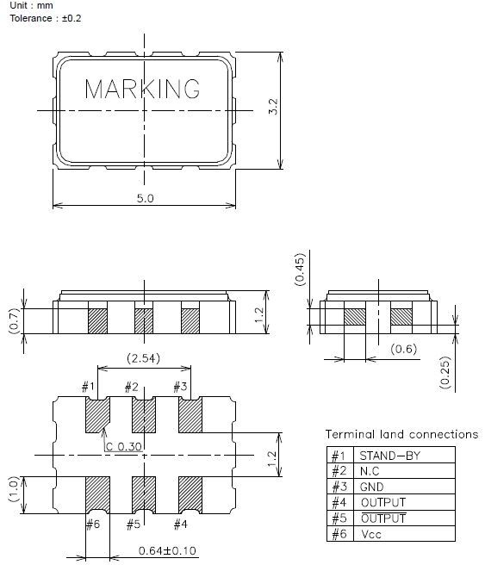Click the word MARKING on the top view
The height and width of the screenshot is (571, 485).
click(x=142, y=89)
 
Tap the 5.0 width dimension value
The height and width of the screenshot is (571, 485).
click(x=145, y=198)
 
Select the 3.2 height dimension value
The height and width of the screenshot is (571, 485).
click(x=273, y=106)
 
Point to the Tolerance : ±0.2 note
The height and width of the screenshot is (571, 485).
click(x=46, y=18)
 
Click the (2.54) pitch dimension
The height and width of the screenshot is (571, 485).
click(x=143, y=358)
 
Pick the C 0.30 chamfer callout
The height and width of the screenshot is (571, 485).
click(x=123, y=446)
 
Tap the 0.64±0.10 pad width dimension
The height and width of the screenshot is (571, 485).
click(x=167, y=550)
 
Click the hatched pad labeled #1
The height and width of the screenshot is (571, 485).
click(x=97, y=415)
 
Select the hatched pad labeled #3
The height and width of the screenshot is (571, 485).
click(x=190, y=415)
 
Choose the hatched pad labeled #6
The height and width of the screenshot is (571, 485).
click(x=97, y=495)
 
